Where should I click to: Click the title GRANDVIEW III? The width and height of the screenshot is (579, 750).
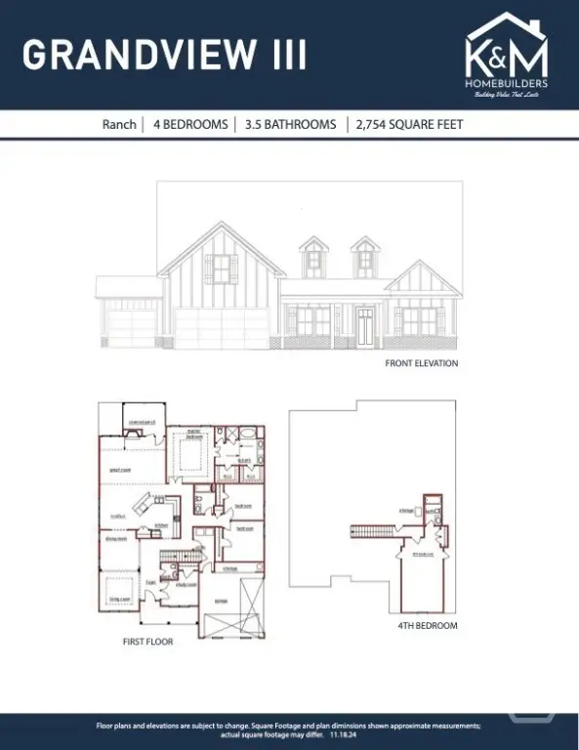[x=164, y=55]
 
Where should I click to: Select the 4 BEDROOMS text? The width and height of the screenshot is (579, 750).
[x=190, y=124]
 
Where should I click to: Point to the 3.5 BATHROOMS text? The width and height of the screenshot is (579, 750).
[x=291, y=124]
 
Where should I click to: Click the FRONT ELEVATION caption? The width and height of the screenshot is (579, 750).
[x=421, y=363]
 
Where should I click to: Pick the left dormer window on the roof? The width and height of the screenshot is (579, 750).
[x=313, y=259]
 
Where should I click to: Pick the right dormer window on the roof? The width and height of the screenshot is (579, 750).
[x=364, y=259]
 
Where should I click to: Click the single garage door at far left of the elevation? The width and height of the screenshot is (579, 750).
[x=129, y=327]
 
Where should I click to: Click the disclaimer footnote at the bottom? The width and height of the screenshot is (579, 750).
[x=289, y=730]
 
